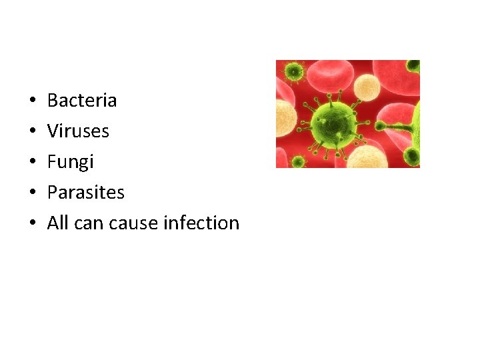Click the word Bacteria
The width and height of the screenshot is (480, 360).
[82, 101]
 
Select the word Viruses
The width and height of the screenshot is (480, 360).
[78, 131]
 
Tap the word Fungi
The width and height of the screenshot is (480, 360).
[71, 162]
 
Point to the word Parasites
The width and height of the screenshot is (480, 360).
[85, 193]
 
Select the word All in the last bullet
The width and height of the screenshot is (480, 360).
[58, 223]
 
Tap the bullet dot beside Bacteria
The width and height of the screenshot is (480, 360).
[32, 101]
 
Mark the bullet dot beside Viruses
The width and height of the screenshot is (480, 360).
[32, 132]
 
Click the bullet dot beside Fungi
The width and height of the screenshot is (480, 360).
[32, 163]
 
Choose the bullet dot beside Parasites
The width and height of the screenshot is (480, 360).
[32, 193]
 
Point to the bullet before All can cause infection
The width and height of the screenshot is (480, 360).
[32, 224]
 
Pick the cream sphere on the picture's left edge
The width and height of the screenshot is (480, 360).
[285, 117]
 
